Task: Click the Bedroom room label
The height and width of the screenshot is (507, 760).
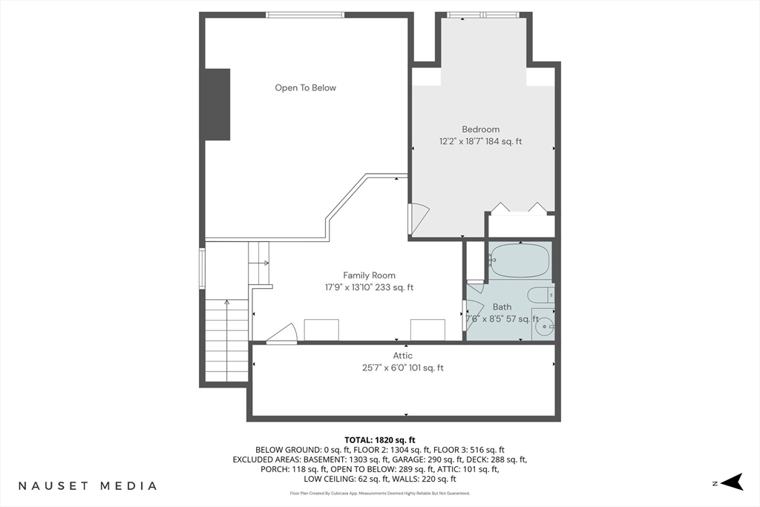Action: (480, 129)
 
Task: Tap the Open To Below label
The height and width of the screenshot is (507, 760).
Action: (305, 88)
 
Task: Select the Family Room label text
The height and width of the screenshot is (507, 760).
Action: (370, 275)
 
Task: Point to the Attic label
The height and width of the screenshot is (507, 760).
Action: (403, 356)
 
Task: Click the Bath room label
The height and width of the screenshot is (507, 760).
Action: (502, 307)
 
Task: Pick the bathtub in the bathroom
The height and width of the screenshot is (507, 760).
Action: (520, 261)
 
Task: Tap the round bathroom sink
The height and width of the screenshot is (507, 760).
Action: (544, 327)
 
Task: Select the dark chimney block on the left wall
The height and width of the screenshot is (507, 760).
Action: (217, 105)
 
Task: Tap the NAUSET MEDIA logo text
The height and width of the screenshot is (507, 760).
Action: (88, 485)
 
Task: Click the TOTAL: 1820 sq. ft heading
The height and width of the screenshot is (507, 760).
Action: (380, 440)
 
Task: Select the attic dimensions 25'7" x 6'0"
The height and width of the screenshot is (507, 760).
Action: (384, 368)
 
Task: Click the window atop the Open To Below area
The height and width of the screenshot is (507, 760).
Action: (305, 15)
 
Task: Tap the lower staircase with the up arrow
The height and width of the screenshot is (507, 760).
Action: (227, 340)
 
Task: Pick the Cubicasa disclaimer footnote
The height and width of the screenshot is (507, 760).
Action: (380, 494)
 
